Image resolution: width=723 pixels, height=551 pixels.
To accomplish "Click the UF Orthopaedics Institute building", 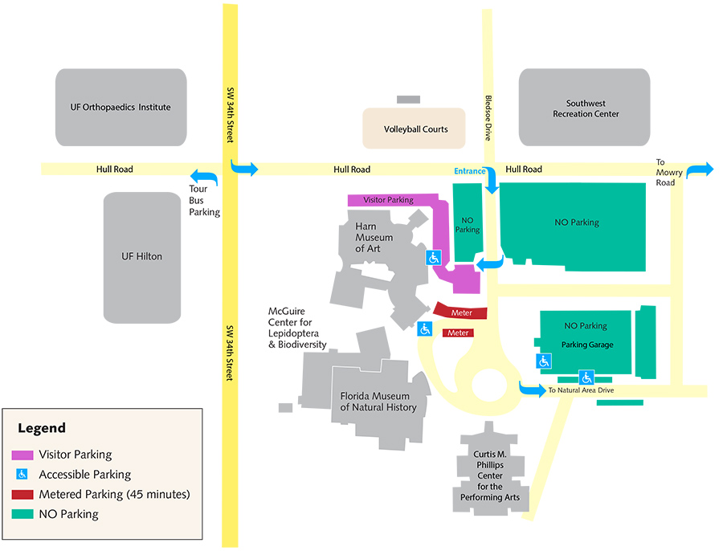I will coord(121,107).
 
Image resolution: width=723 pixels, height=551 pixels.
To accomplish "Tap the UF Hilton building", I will coord(141,256).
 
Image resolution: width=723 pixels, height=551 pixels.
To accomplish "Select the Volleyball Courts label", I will coord(415,129).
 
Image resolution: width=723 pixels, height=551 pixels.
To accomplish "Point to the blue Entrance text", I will coord(470,171).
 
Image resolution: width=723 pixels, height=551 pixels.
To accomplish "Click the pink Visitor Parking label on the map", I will coord(388,200).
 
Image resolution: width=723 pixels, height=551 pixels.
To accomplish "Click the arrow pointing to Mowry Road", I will coord(699,169).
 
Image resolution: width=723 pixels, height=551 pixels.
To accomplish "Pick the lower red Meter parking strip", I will coord(458,333).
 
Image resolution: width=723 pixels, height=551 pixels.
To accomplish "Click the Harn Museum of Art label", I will coord(374,238).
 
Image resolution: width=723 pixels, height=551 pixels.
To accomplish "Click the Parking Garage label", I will coord(587,345).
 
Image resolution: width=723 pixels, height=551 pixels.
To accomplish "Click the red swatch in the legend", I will coord(23,494).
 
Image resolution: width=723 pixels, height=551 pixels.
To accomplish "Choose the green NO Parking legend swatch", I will coord(23,513).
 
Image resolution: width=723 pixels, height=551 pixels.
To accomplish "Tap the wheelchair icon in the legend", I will coord(23,475).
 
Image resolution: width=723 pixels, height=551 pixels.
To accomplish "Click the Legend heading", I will coord(42,429).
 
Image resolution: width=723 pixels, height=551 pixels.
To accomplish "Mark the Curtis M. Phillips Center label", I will coord(489,475).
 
